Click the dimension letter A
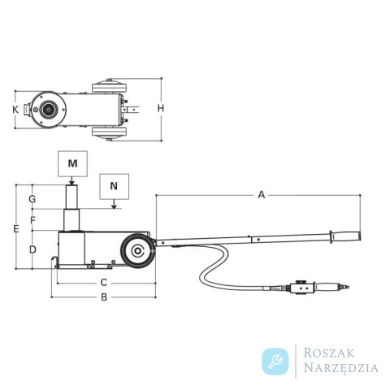(x=261, y=194)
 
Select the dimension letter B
(x=104, y=297)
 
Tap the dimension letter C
(x=104, y=283)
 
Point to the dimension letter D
(x=32, y=249)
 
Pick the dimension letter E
(x=16, y=229)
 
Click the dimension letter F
(x=32, y=220)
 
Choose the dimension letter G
(x=32, y=199)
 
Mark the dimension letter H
(x=161, y=108)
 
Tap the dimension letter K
(x=15, y=110)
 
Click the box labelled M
(x=72, y=164)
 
